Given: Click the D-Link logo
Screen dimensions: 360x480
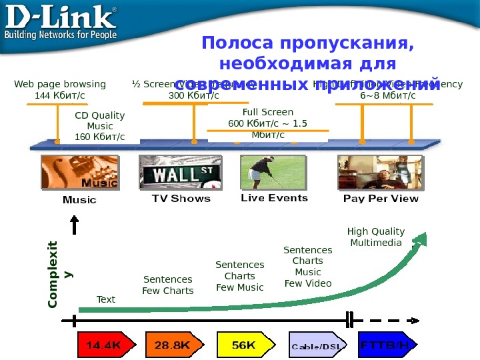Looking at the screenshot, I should coord(62,23).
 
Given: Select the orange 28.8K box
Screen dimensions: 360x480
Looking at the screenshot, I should coord(172,345).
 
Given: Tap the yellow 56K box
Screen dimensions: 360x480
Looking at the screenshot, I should coord(243,345).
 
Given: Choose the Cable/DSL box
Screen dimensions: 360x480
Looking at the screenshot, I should coord(317,345).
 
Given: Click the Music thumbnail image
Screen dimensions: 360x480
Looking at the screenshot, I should coord(79,172).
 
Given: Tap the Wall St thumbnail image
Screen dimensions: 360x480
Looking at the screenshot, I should coord(175,172).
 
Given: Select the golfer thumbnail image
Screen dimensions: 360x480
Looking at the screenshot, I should coord(273,172).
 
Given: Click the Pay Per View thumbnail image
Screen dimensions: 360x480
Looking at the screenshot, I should coord(379,172).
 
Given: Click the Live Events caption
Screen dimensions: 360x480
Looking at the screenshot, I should coord(274,198).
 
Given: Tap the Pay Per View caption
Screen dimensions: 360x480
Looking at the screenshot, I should coord(381,199).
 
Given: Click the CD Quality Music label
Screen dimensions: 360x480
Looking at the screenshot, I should coord(100,126).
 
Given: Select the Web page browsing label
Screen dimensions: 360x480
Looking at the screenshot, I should coord(60,90).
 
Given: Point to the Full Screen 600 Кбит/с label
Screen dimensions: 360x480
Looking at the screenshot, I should coord(268,123).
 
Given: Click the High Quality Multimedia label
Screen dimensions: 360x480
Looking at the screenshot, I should coord(376,237).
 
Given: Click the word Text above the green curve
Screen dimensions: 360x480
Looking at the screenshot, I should coord(106,299).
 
